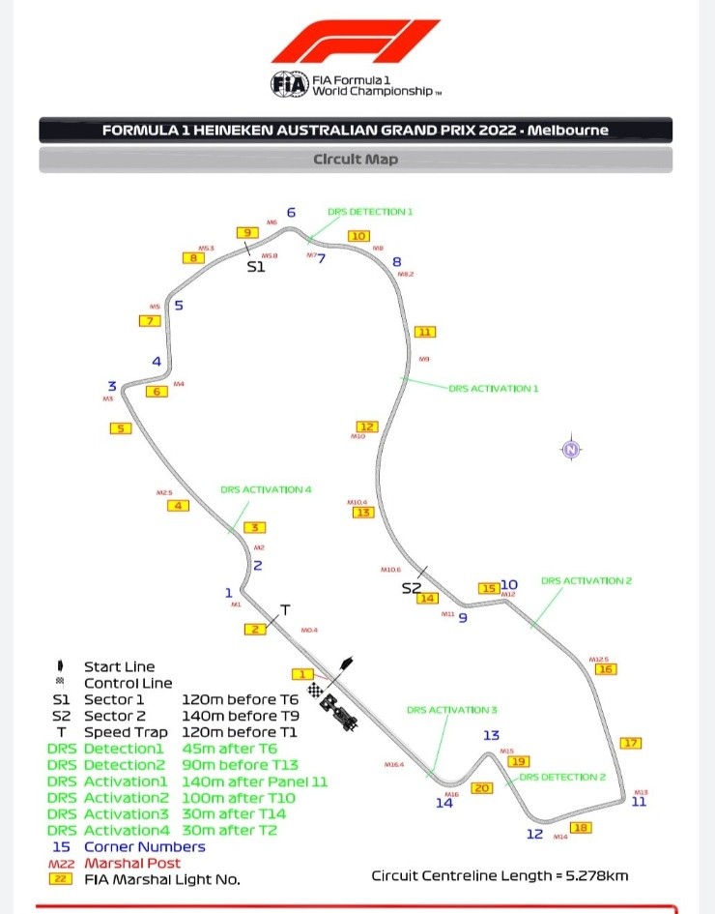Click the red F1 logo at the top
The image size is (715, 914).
(355, 43)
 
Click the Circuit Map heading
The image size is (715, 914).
(356, 160)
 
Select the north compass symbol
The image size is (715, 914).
(571, 449)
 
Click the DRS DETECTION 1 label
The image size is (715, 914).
(370, 211)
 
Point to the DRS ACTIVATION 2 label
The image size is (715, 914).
(586, 581)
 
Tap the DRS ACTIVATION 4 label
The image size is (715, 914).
(266, 489)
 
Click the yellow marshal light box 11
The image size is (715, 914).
(424, 332)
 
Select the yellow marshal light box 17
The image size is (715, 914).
(631, 743)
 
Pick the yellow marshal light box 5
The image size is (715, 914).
(120, 428)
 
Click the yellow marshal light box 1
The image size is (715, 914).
(302, 674)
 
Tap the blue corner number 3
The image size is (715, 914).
(112, 386)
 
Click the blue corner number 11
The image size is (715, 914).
(639, 801)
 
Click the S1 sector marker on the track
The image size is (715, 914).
(255, 266)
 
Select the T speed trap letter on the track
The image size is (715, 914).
(285, 609)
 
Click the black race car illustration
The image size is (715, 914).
(341, 712)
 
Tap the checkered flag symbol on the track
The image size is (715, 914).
(315, 690)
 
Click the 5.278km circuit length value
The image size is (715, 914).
(594, 876)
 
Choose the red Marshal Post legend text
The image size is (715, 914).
(144, 863)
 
